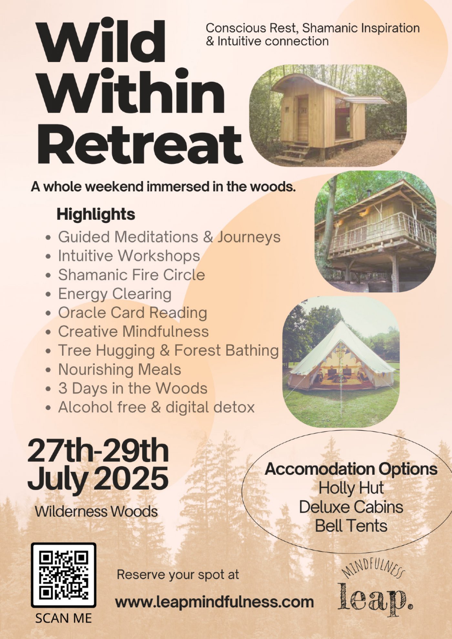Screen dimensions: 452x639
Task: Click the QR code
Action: pyautogui.click(x=64, y=575)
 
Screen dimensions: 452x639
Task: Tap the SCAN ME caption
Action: pyautogui.click(x=64, y=618)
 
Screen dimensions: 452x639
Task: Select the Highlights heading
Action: pyautogui.click(x=96, y=214)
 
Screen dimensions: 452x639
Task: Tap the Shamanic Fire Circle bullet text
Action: pyautogui.click(x=131, y=275)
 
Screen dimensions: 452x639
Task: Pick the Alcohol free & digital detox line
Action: pyautogui.click(x=156, y=407)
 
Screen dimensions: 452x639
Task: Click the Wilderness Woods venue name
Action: pyautogui.click(x=96, y=512)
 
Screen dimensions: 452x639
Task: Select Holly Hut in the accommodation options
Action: pyautogui.click(x=351, y=488)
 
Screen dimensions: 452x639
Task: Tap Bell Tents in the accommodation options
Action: pyautogui.click(x=351, y=526)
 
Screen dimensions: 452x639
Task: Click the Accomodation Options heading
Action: pyautogui.click(x=351, y=469)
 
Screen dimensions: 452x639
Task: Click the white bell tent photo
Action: pyautogui.click(x=341, y=362)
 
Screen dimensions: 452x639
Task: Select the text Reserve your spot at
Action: pyautogui.click(x=178, y=575)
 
